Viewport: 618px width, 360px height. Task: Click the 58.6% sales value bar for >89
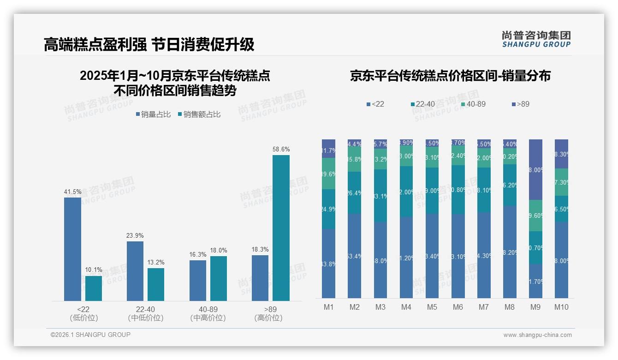coord(281,228)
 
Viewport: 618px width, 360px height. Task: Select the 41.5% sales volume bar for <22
coord(72,249)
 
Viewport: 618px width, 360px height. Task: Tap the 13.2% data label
coord(156,262)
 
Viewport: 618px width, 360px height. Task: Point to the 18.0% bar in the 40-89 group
coord(219,278)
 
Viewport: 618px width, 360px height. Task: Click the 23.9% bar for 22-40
coord(135,271)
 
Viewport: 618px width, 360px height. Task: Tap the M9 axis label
coord(535,307)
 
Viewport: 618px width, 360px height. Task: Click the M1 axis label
coord(328,307)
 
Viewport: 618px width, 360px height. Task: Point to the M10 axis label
coord(561,307)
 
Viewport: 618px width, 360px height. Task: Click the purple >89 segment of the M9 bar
coord(535,169)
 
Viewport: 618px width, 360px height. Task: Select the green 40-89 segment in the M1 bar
coord(328,174)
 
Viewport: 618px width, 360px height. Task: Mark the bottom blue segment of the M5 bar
coord(432,256)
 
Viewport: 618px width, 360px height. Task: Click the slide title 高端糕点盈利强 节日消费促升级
coord(149,44)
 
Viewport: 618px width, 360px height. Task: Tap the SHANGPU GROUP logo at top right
coord(536,39)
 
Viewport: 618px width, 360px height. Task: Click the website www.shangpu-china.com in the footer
coord(537,335)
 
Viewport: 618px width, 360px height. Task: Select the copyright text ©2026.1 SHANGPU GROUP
coord(90,335)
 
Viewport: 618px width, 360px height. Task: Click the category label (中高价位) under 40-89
coord(208,318)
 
